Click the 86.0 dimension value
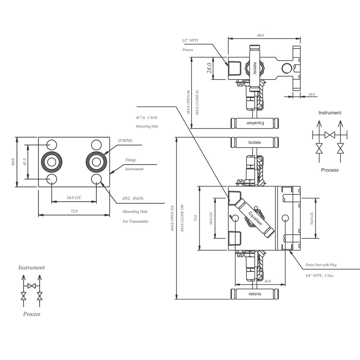click(x=260, y=35)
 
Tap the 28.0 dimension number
click(x=210, y=68)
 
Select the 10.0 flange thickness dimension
click(x=311, y=94)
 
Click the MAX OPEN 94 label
click(x=189, y=102)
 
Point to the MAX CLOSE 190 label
click(x=182, y=218)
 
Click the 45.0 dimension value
click(x=267, y=281)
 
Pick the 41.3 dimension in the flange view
click(x=25, y=162)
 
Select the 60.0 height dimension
click(x=13, y=162)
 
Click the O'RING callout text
click(x=125, y=140)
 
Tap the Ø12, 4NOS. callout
click(x=133, y=198)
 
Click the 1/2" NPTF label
click(x=190, y=40)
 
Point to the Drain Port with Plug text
click(x=321, y=265)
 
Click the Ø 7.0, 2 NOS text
click(x=147, y=118)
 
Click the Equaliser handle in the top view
click(x=255, y=123)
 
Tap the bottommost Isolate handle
click(x=255, y=294)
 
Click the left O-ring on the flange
click(x=51, y=162)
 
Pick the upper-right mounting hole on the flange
click(x=96, y=145)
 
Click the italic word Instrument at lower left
click(x=32, y=268)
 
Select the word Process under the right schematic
click(x=330, y=170)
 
